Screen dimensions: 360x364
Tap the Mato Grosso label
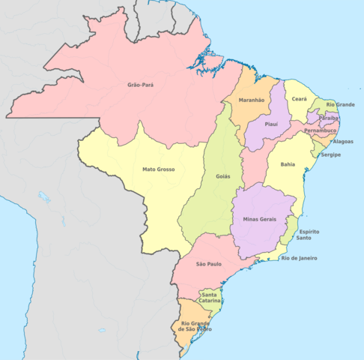159,169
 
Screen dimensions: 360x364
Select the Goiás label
222,176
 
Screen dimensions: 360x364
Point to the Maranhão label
252,99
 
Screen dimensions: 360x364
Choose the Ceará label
299,99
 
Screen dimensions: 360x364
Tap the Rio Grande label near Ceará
340,104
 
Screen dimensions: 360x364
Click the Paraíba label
329,118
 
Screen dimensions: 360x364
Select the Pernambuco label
321,130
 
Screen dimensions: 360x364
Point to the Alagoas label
343,141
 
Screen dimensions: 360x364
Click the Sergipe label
330,154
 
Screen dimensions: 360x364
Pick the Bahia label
288,163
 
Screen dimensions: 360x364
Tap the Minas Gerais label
260,218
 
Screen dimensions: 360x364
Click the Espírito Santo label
309,235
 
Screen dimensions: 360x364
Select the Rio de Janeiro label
299,258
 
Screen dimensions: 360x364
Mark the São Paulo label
210,265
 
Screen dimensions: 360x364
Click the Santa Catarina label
210,298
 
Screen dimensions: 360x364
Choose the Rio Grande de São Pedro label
191,326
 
